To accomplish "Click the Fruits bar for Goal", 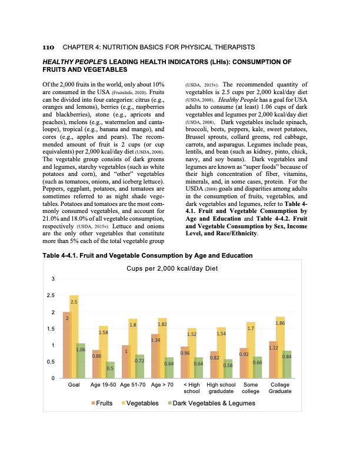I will point(67,345).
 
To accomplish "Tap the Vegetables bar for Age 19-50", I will point(103,352).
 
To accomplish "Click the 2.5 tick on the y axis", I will point(52,295).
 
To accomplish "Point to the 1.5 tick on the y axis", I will point(52,328).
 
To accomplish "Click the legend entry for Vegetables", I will point(140,403).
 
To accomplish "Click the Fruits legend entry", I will point(102,403).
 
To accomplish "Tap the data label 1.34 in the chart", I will point(155,340).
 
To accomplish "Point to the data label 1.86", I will point(280,323).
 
